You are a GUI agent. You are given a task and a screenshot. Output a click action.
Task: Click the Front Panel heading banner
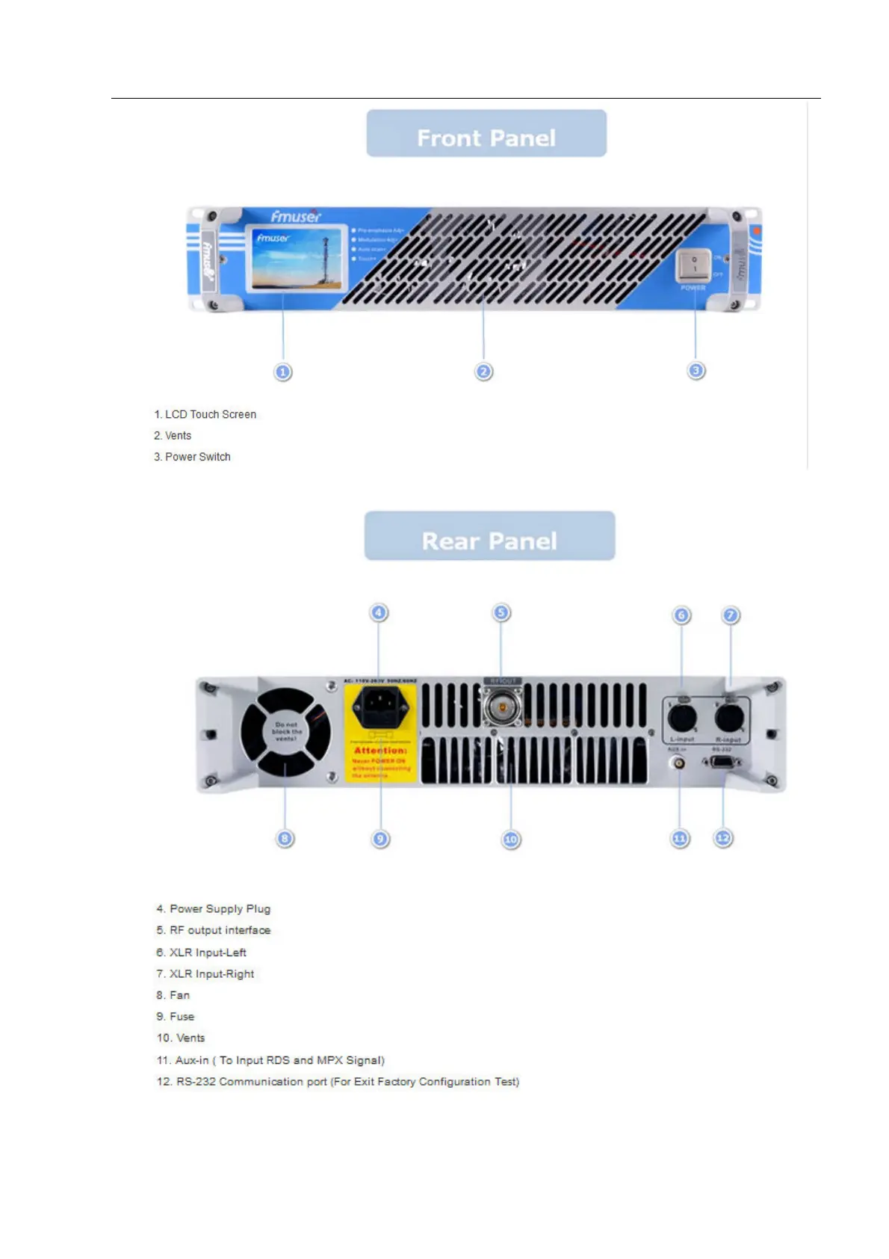(x=486, y=134)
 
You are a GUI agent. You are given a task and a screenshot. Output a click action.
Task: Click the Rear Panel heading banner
(x=489, y=536)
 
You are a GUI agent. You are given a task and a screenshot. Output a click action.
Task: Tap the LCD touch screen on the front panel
(x=297, y=258)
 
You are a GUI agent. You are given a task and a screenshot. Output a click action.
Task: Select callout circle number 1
(x=282, y=372)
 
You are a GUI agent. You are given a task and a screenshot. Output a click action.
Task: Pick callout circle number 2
(x=483, y=372)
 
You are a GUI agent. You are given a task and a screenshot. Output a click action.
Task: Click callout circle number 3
(x=696, y=370)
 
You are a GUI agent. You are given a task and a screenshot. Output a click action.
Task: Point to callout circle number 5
(x=501, y=613)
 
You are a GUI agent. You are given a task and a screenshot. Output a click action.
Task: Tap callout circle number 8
(x=285, y=838)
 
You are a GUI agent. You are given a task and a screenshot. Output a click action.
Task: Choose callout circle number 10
(x=510, y=839)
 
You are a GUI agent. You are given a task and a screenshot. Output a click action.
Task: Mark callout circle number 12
(x=722, y=838)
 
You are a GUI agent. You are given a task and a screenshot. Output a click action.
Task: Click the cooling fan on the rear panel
(x=285, y=732)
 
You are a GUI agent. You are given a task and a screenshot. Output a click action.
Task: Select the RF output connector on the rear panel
(x=503, y=707)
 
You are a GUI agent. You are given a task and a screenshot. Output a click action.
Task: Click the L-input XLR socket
(x=681, y=718)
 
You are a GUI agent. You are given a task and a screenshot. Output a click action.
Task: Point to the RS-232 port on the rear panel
(x=722, y=762)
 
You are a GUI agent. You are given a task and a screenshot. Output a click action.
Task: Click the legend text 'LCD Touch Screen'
(x=210, y=414)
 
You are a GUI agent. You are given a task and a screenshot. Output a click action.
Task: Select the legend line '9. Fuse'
(x=176, y=1017)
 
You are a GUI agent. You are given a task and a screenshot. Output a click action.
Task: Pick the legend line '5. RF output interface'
(x=214, y=930)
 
